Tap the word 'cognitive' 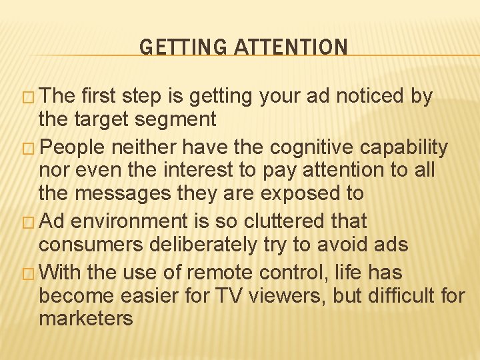click(x=309, y=147)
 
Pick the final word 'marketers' click(x=86, y=319)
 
